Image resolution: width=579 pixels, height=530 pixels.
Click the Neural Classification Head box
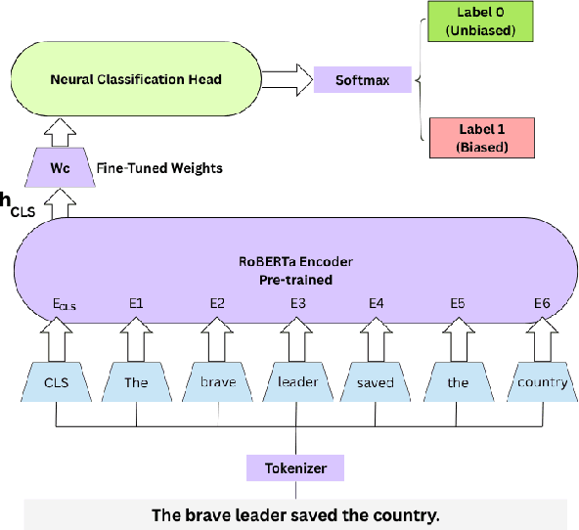click(135, 79)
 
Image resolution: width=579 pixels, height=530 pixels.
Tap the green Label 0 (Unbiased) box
click(478, 22)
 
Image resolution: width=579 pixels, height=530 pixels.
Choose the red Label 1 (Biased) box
click(478, 137)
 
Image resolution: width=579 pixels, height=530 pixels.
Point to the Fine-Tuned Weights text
click(159, 168)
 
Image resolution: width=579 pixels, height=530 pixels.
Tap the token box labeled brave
click(216, 381)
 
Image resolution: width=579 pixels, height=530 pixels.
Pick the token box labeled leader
click(297, 381)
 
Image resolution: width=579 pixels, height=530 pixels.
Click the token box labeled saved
click(377, 381)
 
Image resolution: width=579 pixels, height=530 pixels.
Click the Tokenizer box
click(295, 467)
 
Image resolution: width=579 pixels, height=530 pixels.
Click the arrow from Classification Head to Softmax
click(286, 79)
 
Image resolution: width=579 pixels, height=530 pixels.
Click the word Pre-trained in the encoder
click(295, 280)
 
